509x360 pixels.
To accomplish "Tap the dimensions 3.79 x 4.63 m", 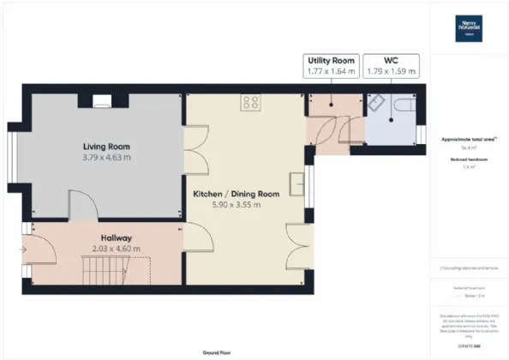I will [x=106, y=158].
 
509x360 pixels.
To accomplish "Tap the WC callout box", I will [x=391, y=67].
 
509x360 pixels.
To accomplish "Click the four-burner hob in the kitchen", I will [x=251, y=102].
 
